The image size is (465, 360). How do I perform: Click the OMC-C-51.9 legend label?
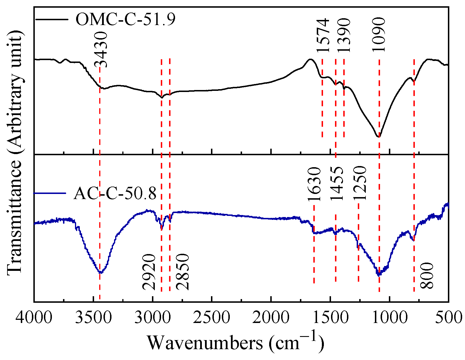pos(125,20)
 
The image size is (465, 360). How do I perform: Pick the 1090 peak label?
pos(379,34)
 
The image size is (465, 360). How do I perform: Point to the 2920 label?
pos(149,272)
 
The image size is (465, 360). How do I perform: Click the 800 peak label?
pos(427,276)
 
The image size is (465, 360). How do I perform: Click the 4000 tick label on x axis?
pos(34,317)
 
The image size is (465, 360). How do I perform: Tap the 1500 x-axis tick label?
pos(330,317)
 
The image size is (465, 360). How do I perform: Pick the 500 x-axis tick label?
pos(448,317)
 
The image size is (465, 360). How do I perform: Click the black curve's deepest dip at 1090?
pos(379,137)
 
